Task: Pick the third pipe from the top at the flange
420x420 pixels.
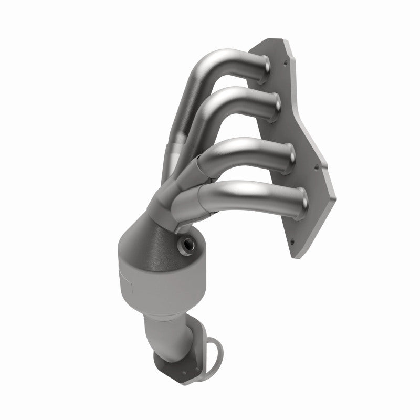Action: tap(288, 154)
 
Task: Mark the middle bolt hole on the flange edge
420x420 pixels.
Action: tap(316, 169)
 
